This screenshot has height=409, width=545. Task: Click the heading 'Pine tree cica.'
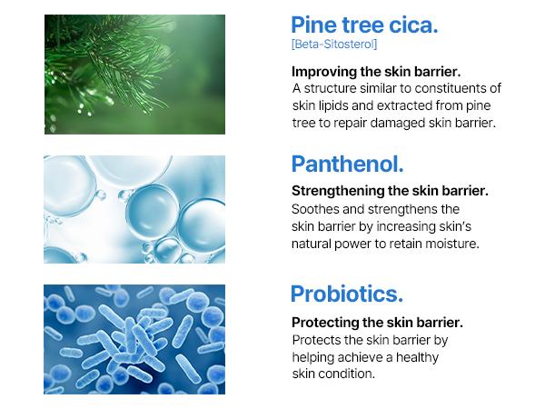[x=364, y=25]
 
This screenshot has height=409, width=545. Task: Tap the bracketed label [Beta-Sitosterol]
[x=333, y=45]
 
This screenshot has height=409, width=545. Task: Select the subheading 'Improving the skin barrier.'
[x=376, y=71]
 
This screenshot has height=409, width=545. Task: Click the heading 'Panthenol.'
[x=347, y=165]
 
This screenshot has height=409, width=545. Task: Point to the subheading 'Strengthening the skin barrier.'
[x=390, y=192]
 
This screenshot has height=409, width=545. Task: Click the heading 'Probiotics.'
[x=346, y=294]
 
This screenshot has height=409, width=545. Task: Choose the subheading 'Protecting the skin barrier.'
[x=377, y=323]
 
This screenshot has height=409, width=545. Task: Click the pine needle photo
[x=134, y=75]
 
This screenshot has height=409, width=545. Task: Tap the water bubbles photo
[x=134, y=209]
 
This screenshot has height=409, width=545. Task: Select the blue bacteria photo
[x=134, y=339]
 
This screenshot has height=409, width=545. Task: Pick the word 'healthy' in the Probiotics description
[x=417, y=357]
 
